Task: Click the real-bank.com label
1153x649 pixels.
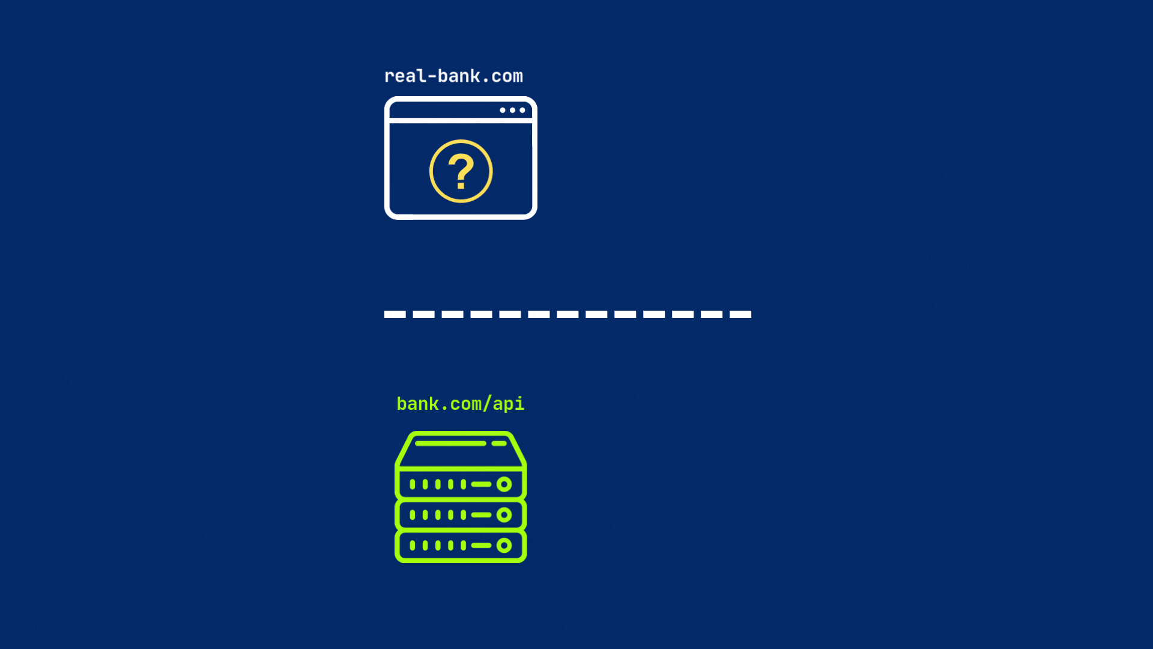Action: [x=453, y=76]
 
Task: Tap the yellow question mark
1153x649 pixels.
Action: [x=461, y=171]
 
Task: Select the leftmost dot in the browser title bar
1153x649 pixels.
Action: [x=503, y=110]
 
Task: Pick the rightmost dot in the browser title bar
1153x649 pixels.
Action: [x=522, y=110]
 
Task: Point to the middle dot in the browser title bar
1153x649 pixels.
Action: [x=512, y=110]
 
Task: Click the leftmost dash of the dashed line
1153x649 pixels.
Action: [x=395, y=314]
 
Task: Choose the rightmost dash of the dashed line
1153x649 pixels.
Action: [x=740, y=314]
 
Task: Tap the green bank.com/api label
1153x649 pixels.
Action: [x=461, y=404]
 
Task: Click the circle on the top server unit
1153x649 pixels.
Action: [x=504, y=484]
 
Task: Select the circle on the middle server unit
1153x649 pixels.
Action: [x=504, y=515]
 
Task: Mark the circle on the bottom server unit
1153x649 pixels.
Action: [x=504, y=546]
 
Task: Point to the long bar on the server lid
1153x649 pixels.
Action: [x=450, y=443]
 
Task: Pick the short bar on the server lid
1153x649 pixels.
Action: [x=499, y=443]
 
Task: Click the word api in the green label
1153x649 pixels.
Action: [x=509, y=404]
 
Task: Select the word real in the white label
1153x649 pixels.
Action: [x=405, y=76]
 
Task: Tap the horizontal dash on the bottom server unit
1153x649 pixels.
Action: [x=482, y=546]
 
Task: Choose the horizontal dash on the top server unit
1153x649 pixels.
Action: [x=482, y=484]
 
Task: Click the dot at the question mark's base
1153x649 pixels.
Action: [x=461, y=186]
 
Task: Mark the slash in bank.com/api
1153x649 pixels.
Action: [x=487, y=404]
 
